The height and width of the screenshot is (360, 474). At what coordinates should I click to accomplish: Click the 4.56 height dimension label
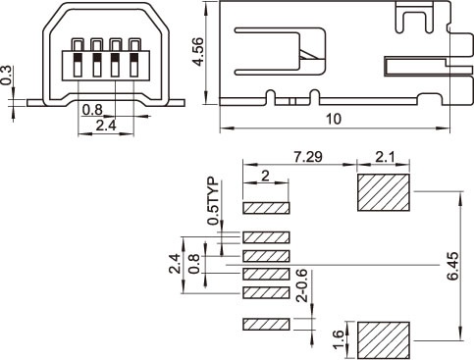point(199,52)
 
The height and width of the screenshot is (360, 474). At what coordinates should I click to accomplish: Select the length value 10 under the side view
point(334,119)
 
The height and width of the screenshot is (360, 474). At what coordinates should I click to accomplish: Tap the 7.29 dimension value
point(307,157)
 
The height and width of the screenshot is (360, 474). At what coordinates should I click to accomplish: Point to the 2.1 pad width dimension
point(385,158)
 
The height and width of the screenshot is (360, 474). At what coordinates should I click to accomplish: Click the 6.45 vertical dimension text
point(453,266)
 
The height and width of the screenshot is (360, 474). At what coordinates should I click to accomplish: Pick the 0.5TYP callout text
point(213,201)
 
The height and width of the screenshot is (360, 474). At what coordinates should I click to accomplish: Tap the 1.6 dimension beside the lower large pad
point(339,339)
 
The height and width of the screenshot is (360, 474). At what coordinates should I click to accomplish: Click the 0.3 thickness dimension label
point(6,76)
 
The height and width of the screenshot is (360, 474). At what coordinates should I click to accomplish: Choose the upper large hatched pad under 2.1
point(384,192)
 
